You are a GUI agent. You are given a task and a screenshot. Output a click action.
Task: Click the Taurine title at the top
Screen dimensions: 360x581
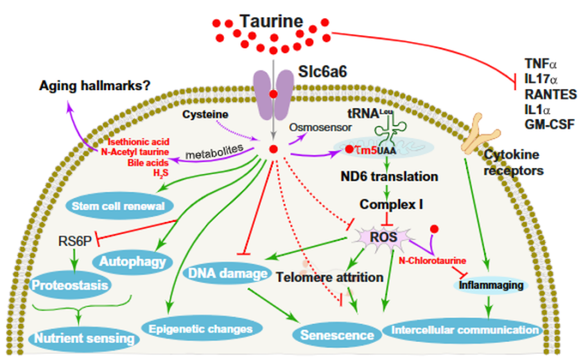click(271, 20)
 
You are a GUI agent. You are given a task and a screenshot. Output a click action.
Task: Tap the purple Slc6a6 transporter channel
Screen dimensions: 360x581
click(274, 94)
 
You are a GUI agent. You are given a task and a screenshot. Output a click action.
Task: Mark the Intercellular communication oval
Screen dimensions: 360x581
click(465, 329)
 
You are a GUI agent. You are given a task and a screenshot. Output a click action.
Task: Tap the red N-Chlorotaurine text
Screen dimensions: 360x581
click(433, 260)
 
